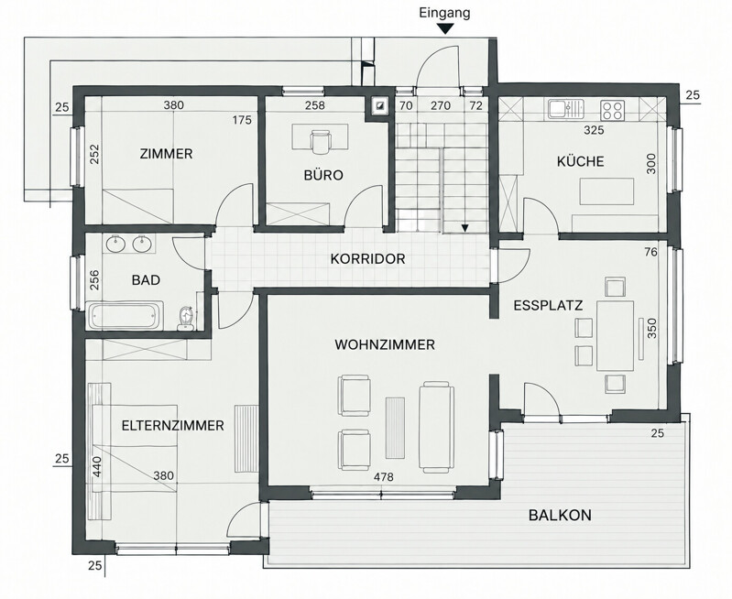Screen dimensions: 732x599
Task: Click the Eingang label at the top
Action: pos(444,13)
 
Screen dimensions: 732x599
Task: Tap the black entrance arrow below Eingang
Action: pos(446,29)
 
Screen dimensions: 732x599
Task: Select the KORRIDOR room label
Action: pos(368,258)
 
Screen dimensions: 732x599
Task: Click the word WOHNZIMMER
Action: pos(385,345)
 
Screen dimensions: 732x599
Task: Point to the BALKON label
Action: pos(560,516)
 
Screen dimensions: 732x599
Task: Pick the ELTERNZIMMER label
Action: pos(173,426)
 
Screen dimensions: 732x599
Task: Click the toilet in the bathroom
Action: pos(186,319)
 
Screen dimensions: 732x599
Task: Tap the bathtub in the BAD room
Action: pos(125,315)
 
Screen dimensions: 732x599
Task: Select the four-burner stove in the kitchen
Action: pos(612,110)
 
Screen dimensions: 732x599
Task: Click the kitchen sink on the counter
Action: pos(566,109)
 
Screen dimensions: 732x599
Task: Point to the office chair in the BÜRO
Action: pos(320,141)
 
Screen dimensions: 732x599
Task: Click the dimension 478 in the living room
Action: pos(384,477)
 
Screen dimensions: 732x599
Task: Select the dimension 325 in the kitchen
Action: pos(594,130)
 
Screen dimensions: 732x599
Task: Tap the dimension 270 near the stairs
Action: pos(441,106)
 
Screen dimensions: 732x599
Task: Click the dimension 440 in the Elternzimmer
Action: pos(97,466)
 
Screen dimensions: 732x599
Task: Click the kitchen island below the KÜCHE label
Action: pos(606,191)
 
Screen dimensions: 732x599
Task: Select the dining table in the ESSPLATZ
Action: pos(615,336)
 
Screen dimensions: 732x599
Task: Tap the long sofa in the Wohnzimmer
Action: pos(436,427)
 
